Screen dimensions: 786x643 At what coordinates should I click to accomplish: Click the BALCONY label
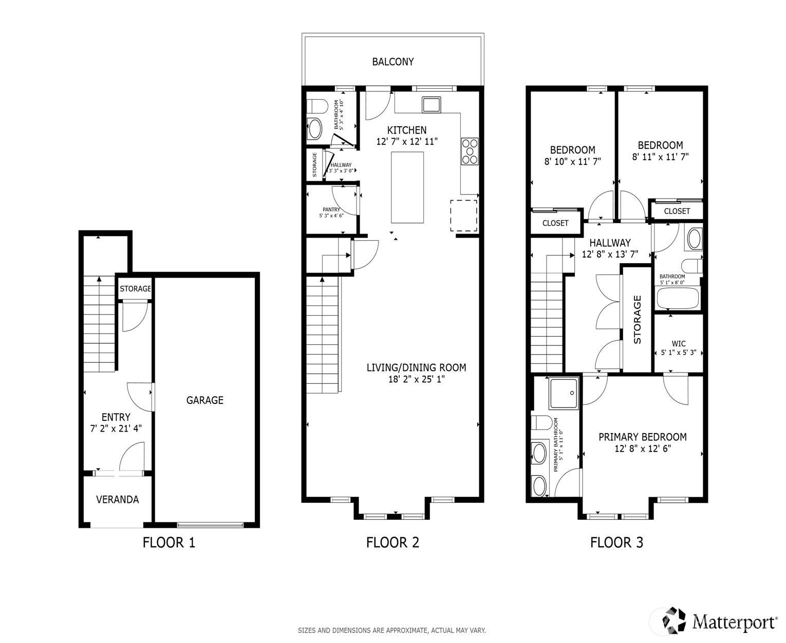click(393, 62)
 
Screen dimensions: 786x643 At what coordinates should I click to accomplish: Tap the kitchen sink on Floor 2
click(431, 105)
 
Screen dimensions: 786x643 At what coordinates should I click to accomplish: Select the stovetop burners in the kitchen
click(470, 151)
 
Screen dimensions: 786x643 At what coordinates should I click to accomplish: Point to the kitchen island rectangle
click(407, 187)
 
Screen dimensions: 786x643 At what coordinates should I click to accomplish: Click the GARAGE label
click(204, 400)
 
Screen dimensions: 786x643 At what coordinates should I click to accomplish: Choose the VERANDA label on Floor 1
click(118, 499)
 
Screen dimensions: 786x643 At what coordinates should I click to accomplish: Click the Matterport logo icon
click(674, 620)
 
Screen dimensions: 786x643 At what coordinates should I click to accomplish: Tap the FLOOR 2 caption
click(392, 542)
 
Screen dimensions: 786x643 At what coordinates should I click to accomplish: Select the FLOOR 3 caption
click(616, 542)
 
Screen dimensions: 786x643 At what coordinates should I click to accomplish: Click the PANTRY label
click(331, 209)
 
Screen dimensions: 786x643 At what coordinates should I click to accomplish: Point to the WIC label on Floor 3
click(678, 344)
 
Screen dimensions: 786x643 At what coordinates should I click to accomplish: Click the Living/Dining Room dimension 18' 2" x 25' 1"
click(416, 379)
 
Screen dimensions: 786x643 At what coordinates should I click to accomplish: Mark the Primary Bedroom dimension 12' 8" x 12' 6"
click(643, 449)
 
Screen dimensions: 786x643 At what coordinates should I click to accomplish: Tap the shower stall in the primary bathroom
click(564, 393)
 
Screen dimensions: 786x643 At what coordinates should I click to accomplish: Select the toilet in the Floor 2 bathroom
click(317, 106)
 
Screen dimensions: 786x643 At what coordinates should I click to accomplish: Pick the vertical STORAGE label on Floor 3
click(637, 320)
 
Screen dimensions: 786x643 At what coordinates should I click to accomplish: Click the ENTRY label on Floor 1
click(116, 417)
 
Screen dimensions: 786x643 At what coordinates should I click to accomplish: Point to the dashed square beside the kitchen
click(463, 216)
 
